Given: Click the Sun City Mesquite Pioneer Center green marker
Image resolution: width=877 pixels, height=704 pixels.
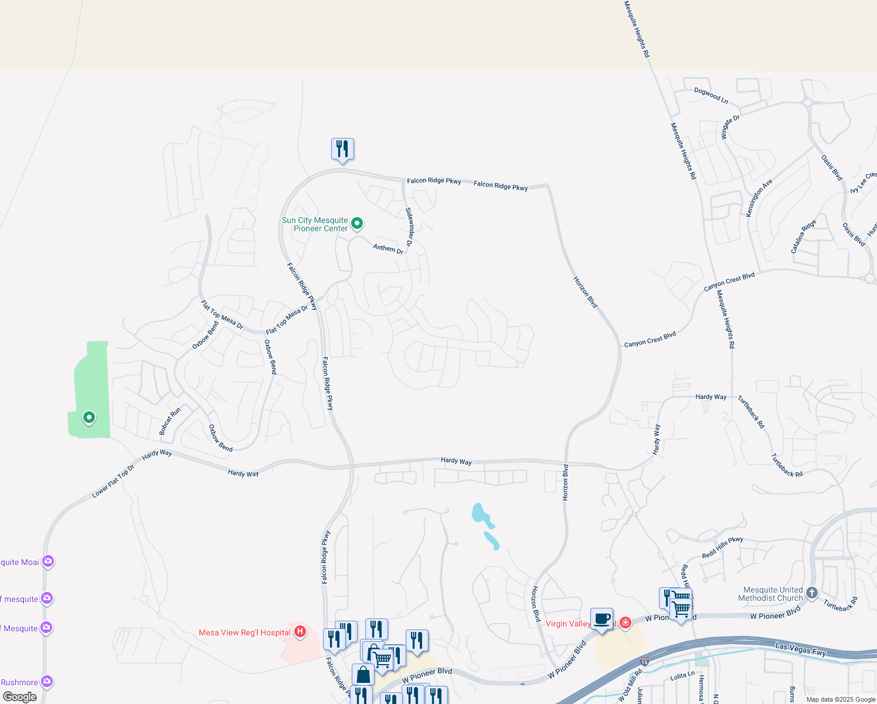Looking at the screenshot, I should pos(356,223).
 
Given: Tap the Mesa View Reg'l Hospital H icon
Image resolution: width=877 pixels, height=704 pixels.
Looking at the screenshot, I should pos(300,632).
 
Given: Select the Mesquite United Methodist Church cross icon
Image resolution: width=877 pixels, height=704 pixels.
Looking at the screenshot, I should pos(811,593).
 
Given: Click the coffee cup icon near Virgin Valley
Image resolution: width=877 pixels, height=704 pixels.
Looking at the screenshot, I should pos(601,619).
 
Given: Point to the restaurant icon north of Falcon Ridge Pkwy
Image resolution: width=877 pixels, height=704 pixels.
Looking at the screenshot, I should pos(342,149).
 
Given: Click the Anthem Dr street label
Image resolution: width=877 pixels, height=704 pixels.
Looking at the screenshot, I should pos(388,249).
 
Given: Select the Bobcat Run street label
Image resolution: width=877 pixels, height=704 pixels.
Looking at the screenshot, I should pos(170,421).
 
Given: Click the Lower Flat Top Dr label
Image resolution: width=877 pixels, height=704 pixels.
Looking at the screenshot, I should pos(113,481).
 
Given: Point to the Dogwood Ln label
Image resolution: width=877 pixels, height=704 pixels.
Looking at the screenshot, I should pos(711,96).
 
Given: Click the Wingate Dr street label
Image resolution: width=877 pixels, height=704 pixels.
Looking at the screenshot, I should pos(730,127).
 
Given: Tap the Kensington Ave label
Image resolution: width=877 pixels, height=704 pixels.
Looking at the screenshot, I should pos(759,198).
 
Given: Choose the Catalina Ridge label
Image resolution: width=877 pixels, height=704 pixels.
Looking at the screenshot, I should pos(803,236).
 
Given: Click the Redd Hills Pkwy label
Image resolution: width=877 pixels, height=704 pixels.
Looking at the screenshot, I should pos(722,547).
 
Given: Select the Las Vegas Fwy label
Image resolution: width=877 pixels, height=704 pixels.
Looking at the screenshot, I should pos(800,649).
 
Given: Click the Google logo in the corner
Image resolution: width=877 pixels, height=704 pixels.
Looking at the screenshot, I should pos(19,696).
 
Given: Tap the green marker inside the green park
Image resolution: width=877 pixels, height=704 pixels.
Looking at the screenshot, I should pos(89,418).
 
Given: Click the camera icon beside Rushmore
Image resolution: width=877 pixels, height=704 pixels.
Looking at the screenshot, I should pos(47,682).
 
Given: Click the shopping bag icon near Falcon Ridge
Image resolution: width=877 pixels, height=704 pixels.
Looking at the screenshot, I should pos(363,674).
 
